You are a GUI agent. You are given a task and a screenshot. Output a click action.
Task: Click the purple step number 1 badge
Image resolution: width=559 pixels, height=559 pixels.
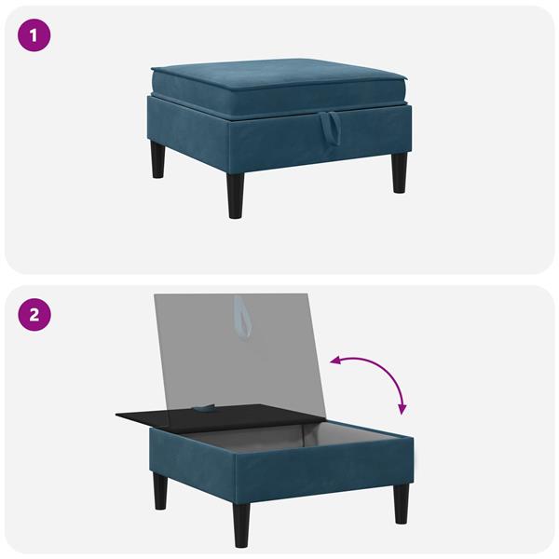tap(34, 36)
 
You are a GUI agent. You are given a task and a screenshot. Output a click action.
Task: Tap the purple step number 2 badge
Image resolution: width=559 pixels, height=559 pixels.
tap(34, 313)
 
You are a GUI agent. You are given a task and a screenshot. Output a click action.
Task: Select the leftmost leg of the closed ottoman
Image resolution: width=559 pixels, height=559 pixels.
tap(157, 158)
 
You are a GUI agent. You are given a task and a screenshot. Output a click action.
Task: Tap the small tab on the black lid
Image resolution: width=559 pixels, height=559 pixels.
tap(203, 407)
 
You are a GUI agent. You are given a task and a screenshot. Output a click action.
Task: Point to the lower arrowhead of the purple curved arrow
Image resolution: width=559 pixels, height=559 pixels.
tap(402, 411)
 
